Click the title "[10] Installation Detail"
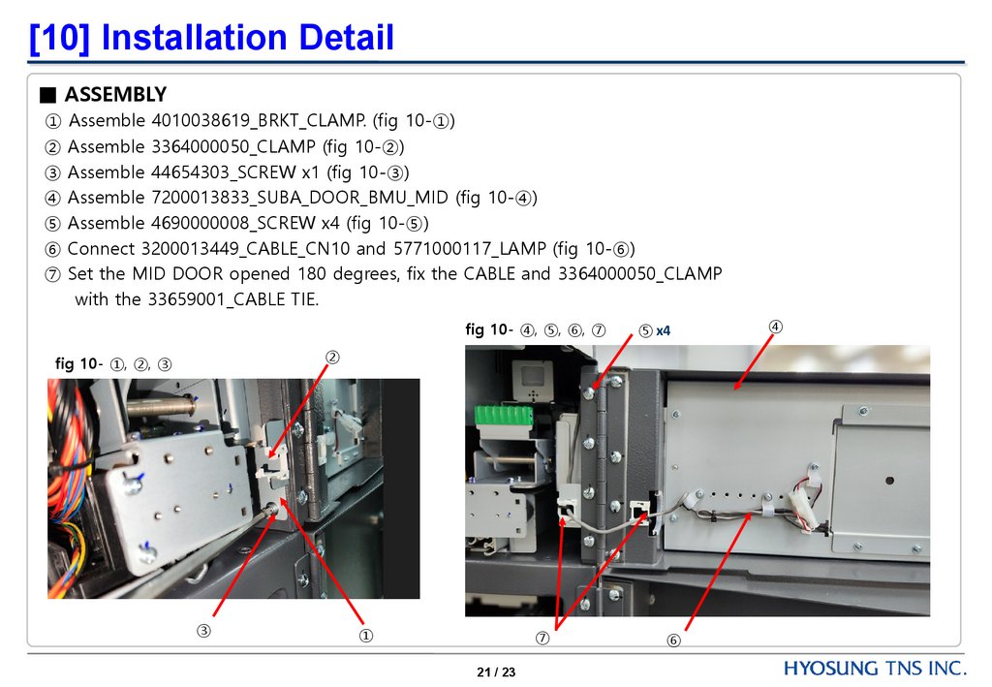[x=211, y=38]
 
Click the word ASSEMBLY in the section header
[x=116, y=94]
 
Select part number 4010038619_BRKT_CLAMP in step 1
[x=258, y=120]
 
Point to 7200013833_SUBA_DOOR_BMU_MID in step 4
[x=299, y=198]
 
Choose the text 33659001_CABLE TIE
[x=232, y=299]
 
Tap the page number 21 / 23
[x=496, y=671]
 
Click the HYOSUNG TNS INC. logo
[x=875, y=668]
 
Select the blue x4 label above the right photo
[x=663, y=330]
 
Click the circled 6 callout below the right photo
[x=674, y=640]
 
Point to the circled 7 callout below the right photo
[x=542, y=638]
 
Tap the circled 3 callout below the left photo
[x=203, y=631]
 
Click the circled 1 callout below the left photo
[x=365, y=635]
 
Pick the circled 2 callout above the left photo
[x=332, y=358]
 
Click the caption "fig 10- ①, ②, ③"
[x=113, y=363]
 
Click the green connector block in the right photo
[x=503, y=416]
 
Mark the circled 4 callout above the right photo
[x=776, y=327]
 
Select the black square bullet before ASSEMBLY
[x=48, y=95]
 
